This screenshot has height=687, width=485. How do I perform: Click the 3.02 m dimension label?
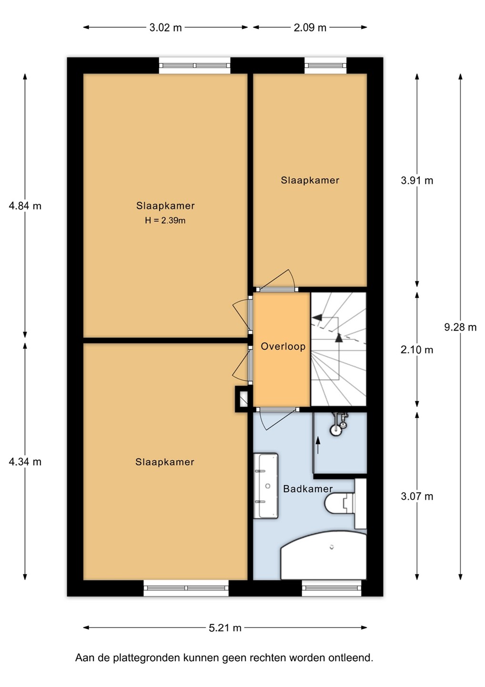165,28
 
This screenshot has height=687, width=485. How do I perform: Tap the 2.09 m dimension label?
310,28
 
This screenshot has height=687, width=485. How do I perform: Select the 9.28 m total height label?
460,328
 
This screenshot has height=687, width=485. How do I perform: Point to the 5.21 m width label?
225,628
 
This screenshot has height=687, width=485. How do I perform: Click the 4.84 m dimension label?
25,206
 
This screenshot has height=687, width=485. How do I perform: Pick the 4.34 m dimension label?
25,462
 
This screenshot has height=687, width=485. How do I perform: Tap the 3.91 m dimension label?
417,181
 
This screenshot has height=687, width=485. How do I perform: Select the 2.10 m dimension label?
417,350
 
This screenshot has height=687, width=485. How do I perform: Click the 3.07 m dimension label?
417,496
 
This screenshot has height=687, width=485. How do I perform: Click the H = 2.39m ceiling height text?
165,220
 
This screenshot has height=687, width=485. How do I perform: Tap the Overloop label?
283,346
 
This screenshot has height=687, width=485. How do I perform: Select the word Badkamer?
308,489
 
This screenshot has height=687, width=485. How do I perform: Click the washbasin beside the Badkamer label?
266,486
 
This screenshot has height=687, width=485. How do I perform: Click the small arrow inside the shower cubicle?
318,445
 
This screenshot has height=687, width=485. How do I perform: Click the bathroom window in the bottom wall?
332,588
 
